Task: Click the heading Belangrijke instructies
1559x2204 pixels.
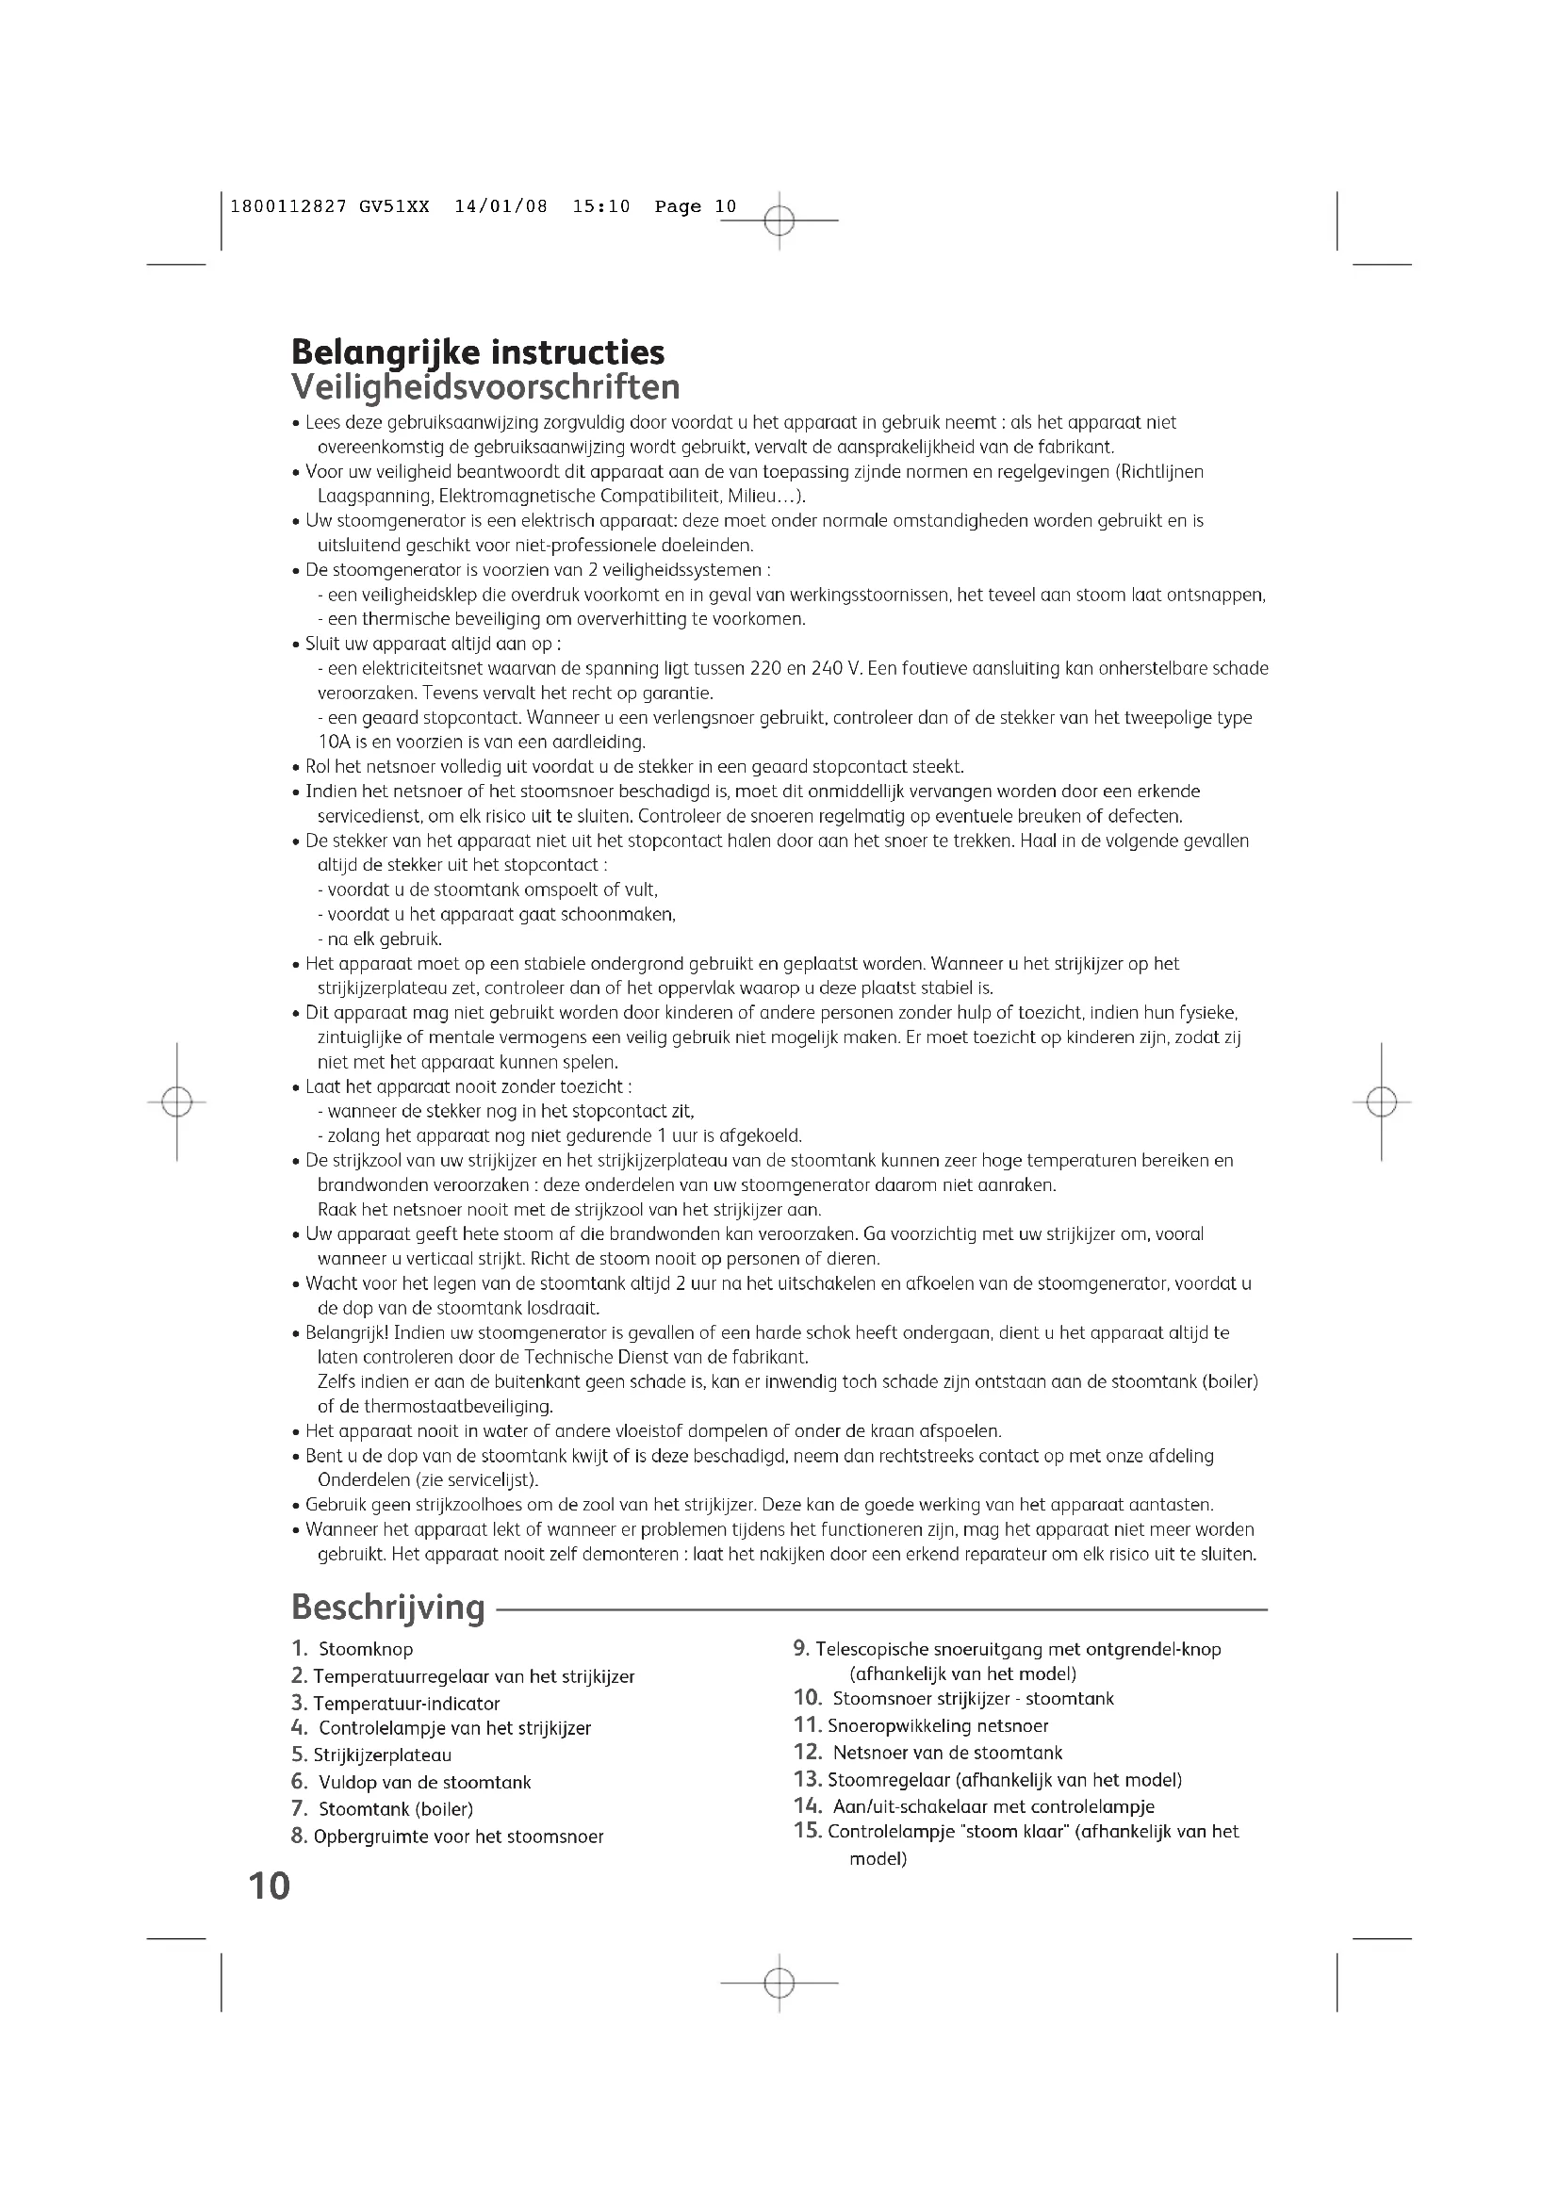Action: [x=477, y=352]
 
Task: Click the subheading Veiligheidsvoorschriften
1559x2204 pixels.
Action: [x=484, y=387]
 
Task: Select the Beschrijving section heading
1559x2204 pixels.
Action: [x=387, y=1607]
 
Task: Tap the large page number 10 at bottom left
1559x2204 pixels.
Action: [x=269, y=1886]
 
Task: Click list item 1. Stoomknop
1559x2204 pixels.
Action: [x=353, y=1649]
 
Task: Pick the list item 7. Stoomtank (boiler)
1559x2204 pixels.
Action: [x=382, y=1809]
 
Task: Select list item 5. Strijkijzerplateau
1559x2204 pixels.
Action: [x=371, y=1755]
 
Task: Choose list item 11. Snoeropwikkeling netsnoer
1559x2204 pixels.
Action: [x=921, y=1726]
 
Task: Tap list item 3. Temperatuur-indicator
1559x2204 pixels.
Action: [x=396, y=1704]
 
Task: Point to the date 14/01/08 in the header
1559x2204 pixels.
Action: [x=501, y=206]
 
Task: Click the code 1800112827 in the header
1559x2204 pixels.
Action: [x=288, y=206]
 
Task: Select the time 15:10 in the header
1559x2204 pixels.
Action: [x=601, y=206]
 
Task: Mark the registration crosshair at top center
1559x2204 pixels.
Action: [x=779, y=220]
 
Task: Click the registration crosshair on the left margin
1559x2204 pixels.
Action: [x=176, y=1102]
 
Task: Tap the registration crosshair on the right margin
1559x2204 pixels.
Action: [x=1382, y=1102]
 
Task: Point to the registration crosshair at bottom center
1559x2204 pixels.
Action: [x=779, y=1983]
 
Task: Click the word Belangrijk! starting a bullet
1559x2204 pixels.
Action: [x=347, y=1333]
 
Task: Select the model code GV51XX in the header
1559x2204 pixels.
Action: [x=394, y=206]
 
